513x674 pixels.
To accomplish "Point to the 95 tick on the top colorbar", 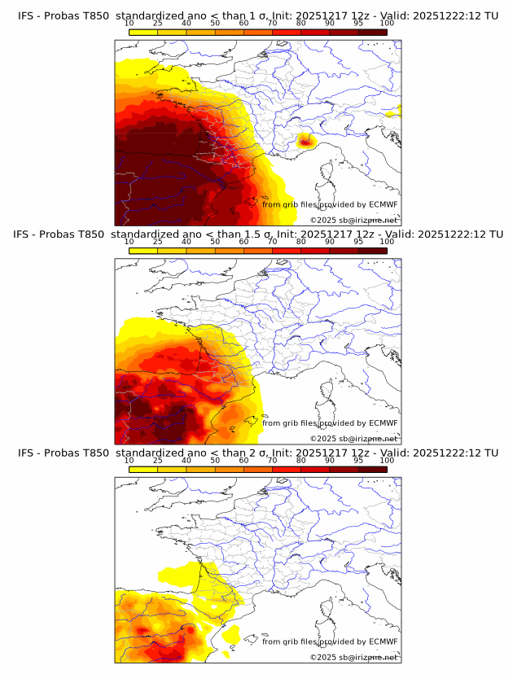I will pos(358,24).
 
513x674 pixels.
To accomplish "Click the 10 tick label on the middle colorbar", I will pos(129,243).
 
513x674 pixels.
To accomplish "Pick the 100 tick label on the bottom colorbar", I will pos(387,461).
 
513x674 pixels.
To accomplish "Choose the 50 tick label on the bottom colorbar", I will pos(215,461).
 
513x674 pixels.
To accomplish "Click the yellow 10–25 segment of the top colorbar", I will pos(143,32).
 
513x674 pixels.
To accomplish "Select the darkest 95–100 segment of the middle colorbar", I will pos(372,250).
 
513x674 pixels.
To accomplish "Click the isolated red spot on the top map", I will pos(305,141).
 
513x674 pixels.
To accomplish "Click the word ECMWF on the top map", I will pos(383,204).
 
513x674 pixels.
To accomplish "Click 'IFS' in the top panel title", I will pos(26,16).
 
